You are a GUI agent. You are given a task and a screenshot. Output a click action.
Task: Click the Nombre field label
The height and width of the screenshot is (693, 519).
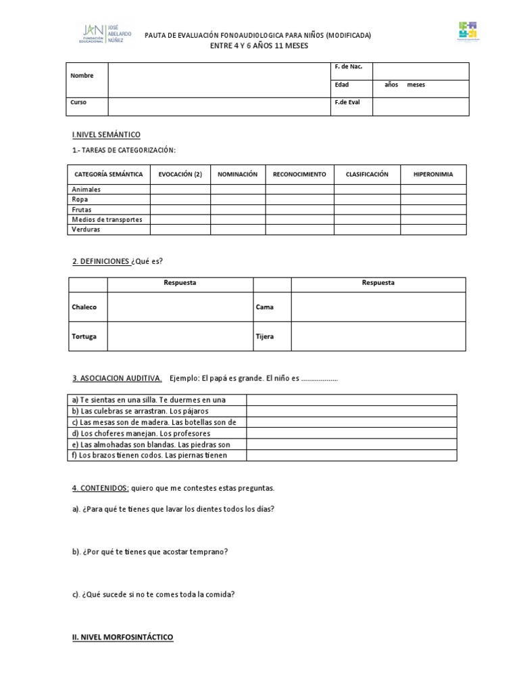point(82,76)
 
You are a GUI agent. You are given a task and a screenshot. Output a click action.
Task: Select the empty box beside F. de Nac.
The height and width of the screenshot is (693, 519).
point(420,71)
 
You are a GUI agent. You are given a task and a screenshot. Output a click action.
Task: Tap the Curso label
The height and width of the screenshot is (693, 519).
point(79,102)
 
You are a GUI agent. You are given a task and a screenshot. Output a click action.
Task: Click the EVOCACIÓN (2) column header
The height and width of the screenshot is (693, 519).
point(180,174)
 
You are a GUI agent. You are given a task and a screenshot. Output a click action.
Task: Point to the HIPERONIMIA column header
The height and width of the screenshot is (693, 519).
point(432,174)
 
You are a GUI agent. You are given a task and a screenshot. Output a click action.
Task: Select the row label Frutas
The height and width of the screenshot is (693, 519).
point(82,210)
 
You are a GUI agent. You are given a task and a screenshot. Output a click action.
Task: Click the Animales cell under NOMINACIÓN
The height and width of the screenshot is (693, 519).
point(237,189)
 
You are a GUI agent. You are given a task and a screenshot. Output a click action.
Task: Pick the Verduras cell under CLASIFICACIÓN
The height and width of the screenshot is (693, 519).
point(367,229)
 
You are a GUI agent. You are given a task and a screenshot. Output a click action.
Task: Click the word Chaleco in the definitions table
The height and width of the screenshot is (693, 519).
point(84,307)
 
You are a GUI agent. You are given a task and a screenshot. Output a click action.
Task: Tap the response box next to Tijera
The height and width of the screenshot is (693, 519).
point(378,336)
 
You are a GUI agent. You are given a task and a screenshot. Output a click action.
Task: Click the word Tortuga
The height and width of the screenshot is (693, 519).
point(84,336)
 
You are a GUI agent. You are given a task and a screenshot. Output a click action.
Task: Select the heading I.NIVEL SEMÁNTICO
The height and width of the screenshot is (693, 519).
point(106,135)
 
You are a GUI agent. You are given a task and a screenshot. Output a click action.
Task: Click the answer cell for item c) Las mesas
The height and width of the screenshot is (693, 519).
point(351,422)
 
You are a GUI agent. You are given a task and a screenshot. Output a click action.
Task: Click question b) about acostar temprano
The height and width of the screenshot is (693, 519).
point(150,552)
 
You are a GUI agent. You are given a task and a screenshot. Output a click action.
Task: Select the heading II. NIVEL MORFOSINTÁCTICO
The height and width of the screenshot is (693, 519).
point(122,638)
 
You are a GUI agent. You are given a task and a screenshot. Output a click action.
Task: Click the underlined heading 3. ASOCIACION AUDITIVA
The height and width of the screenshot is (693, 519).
point(116,378)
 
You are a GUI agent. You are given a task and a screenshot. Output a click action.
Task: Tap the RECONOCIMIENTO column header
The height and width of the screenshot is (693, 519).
point(299,174)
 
